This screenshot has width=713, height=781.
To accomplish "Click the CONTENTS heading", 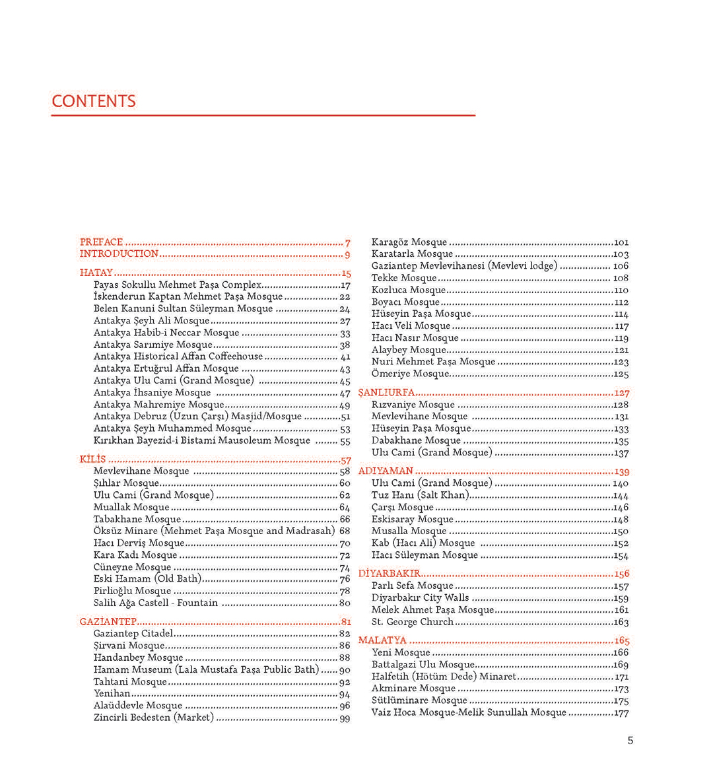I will (94, 101).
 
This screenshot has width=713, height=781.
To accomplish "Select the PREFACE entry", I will (102, 242).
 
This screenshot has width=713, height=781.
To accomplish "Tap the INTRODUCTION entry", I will (119, 254).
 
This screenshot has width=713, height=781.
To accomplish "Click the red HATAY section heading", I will (96, 273).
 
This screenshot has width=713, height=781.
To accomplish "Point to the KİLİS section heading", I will (93, 459).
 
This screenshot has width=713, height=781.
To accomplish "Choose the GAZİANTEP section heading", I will (108, 621).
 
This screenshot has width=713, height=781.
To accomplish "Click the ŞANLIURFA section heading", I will (386, 392).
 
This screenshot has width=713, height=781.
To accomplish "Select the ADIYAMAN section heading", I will (386, 471).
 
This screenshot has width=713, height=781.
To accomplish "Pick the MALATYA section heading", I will (382, 640).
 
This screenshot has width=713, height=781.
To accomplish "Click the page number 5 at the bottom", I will (630, 741).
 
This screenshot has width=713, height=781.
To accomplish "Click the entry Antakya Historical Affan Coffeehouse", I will (178, 357).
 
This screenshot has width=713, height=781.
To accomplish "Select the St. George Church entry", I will (412, 622).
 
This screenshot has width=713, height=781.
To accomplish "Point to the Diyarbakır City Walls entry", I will (420, 598).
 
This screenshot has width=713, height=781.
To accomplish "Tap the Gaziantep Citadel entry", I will (133, 634).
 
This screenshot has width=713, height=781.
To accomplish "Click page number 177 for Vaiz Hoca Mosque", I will (621, 713).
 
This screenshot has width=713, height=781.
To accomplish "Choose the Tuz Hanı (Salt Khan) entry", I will (420, 495).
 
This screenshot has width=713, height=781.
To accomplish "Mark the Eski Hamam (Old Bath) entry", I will (147, 579).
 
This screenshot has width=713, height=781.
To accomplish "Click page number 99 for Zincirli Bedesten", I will (345, 718).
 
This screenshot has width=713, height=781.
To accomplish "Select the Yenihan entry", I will (112, 694).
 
